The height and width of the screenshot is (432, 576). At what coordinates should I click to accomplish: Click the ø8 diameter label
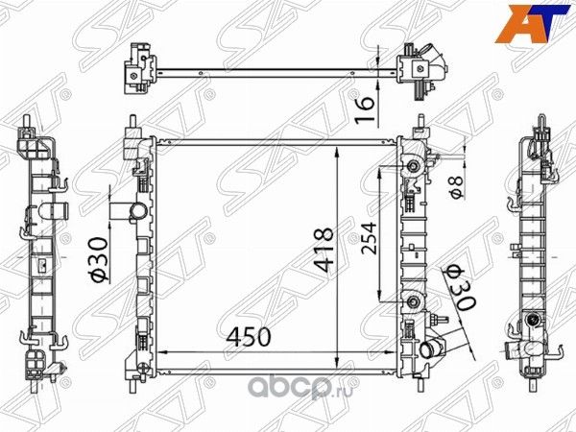coord(459,180)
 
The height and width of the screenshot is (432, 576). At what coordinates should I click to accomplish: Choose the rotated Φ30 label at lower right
coord(456,287)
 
